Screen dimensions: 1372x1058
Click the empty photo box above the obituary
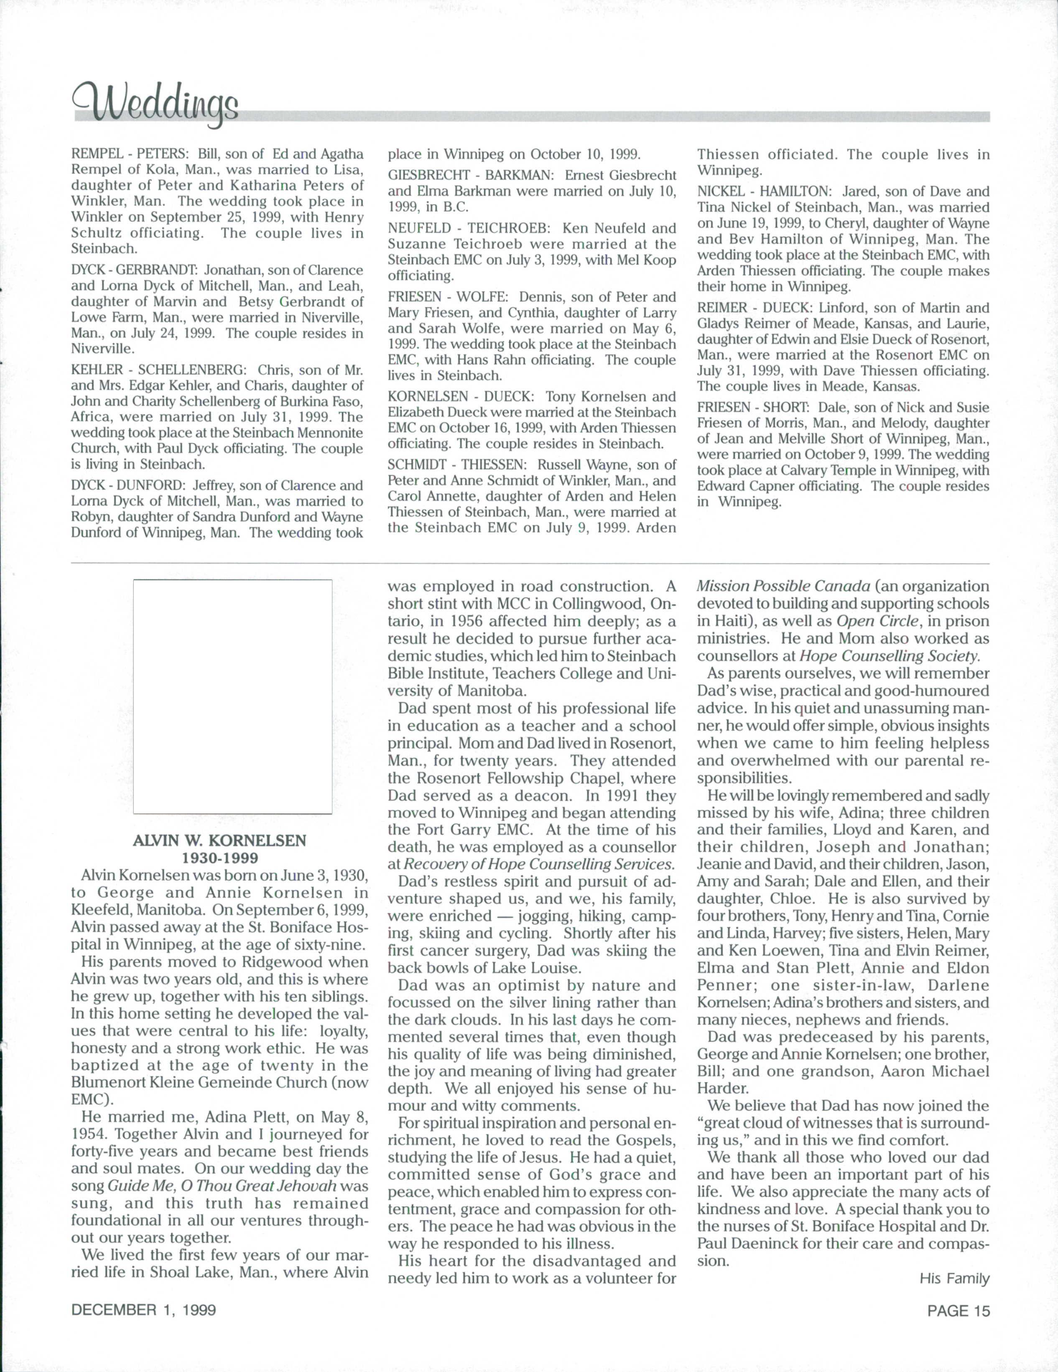pos(232,697)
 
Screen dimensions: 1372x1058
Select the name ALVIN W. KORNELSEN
pos(220,841)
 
